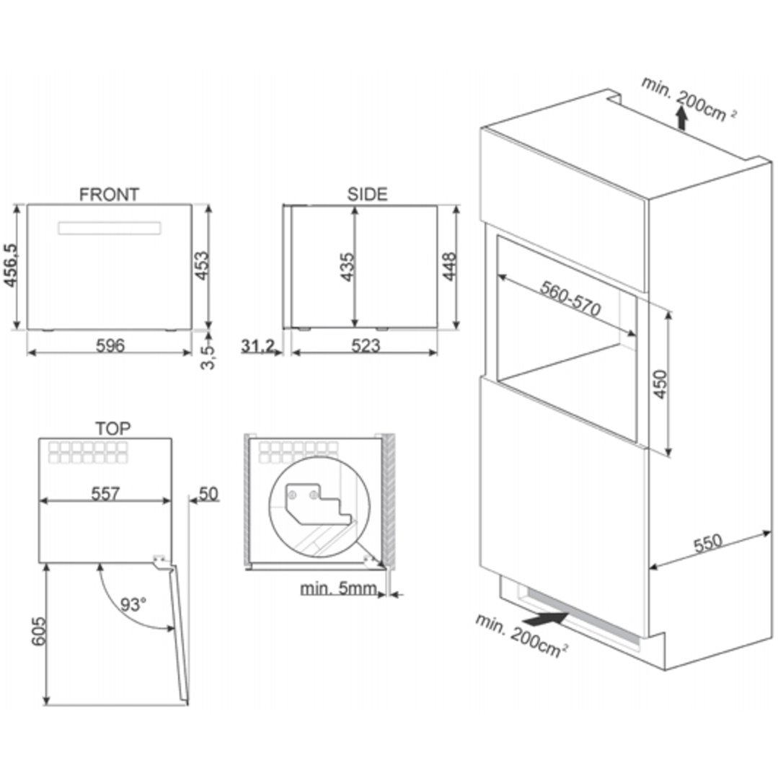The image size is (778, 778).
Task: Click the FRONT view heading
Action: click(109, 194)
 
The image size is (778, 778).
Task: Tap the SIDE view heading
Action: click(367, 194)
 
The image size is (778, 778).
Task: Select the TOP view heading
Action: click(113, 428)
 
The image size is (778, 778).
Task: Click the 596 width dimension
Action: click(110, 345)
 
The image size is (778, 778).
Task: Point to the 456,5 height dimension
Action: click(10, 265)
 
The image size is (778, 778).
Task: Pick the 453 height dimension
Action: click(201, 265)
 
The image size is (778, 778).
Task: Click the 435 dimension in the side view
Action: click(348, 267)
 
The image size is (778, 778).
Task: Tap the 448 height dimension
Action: click(449, 267)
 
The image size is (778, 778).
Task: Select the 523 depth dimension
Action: click(366, 345)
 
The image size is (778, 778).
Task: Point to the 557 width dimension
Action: click(105, 494)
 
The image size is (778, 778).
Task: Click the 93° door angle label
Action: click(133, 604)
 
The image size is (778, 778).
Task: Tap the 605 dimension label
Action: click(38, 631)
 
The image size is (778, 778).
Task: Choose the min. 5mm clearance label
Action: click(338, 589)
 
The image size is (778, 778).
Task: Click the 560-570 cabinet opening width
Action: click(570, 299)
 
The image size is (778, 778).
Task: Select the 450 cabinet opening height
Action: click(660, 384)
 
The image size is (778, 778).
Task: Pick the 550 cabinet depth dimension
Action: click(708, 543)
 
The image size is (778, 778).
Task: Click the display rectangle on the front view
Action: click(109, 229)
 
